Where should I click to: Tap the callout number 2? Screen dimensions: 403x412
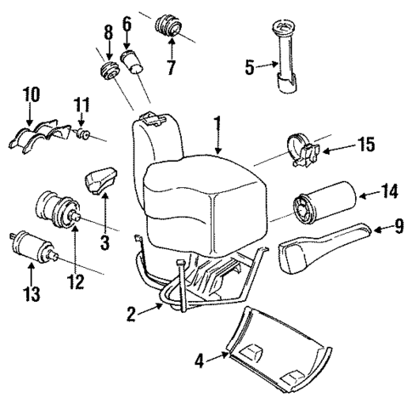tap(132, 315)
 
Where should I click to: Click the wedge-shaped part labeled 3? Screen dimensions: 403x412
tap(100, 181)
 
